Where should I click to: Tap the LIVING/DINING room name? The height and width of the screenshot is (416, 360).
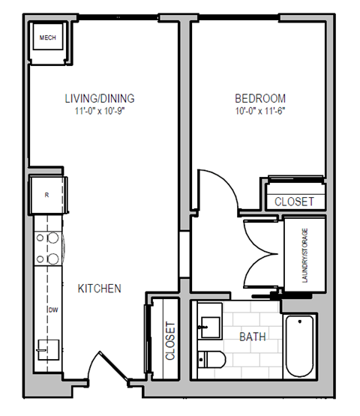click(x=99, y=98)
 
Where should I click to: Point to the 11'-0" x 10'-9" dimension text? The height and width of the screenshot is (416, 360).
click(x=99, y=110)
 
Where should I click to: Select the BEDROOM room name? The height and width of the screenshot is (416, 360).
click(x=260, y=98)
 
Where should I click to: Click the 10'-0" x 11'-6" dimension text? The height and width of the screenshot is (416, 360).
click(x=260, y=110)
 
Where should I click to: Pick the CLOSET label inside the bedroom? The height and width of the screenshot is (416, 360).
click(x=294, y=202)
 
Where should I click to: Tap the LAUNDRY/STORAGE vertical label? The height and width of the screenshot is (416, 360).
click(x=304, y=254)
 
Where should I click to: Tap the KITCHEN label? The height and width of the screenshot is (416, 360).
click(x=100, y=288)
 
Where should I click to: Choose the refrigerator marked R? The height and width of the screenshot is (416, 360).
click(x=47, y=194)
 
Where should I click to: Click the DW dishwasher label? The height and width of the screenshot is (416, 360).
click(x=53, y=310)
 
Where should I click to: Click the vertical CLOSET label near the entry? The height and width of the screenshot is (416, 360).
click(x=169, y=342)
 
